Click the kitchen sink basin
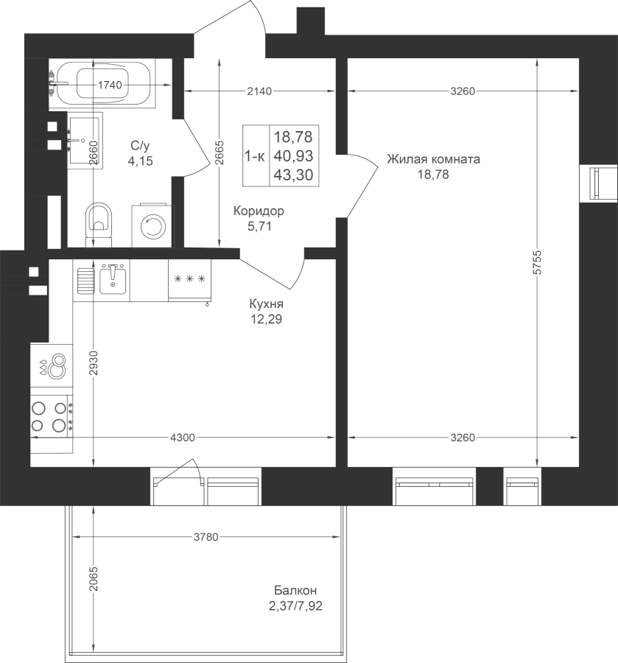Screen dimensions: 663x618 coord(113,279)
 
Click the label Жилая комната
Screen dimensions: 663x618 coord(433,159)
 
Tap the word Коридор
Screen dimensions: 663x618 coord(258,211)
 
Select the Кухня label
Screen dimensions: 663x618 coord(266,304)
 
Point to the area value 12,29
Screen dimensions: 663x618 coord(266,319)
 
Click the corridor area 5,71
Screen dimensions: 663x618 coord(260,227)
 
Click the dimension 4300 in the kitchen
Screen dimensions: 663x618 coord(182,438)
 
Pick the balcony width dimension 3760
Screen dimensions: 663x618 coord(205,536)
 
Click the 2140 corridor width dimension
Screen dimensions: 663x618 coord(260,91)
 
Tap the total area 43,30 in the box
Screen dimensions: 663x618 coord(292,174)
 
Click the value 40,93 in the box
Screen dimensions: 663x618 coord(292,155)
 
